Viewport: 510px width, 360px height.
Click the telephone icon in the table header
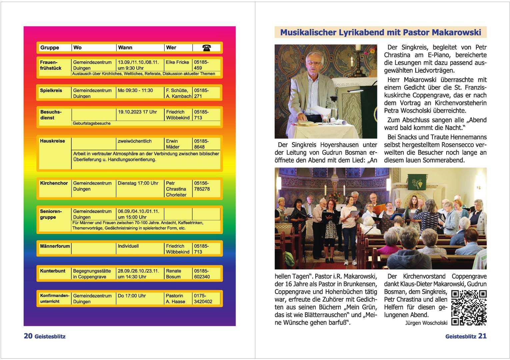click(x=206, y=48)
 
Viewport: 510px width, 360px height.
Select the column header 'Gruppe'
click(x=50, y=48)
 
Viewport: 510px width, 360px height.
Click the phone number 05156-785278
click(x=202, y=186)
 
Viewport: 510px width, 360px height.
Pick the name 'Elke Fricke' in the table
click(x=177, y=62)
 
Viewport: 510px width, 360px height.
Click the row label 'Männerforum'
click(x=55, y=246)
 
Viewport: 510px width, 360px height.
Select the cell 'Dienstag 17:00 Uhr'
click(x=138, y=183)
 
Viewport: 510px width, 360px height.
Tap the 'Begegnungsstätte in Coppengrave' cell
click(x=92, y=274)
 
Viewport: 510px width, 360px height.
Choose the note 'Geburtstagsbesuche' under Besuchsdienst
click(x=92, y=123)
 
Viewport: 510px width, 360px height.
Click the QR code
click(x=469, y=308)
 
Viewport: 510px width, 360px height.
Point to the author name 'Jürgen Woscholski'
click(x=426, y=323)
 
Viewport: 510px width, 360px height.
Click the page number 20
click(x=28, y=336)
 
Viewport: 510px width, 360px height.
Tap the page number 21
click(x=482, y=336)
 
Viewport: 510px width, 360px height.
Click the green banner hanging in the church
click(x=417, y=182)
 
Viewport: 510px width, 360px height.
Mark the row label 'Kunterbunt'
click(x=53, y=271)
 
